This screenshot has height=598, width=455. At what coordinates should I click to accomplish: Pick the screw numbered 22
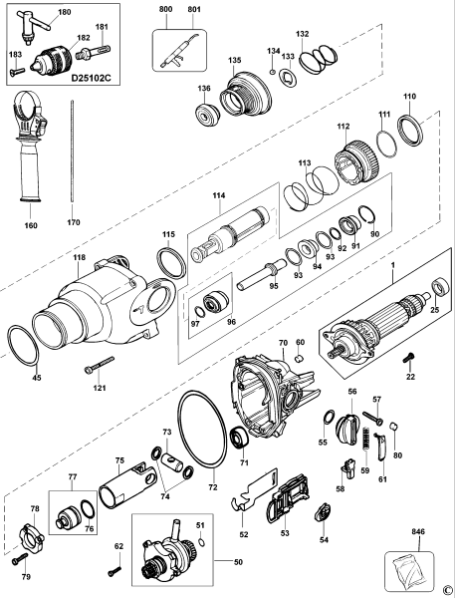[408, 357]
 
